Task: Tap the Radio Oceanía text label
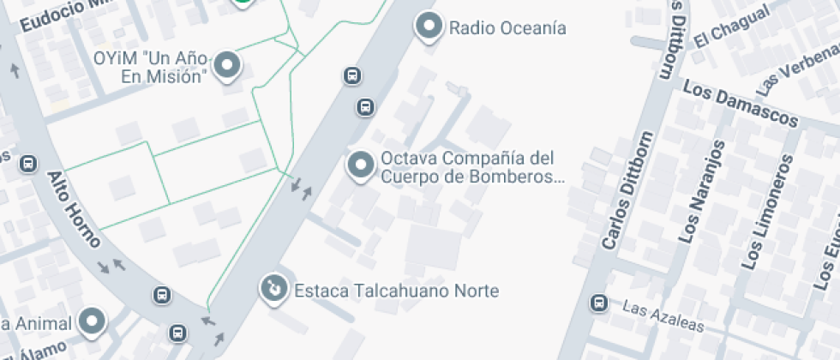coord(507,28)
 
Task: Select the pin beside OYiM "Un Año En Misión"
coord(227,65)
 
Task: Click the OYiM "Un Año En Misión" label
coord(151,67)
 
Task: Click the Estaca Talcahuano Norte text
coord(396,291)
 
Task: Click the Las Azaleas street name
coord(663,316)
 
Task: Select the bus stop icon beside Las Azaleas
coord(598,303)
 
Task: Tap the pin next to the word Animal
coord(92,322)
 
